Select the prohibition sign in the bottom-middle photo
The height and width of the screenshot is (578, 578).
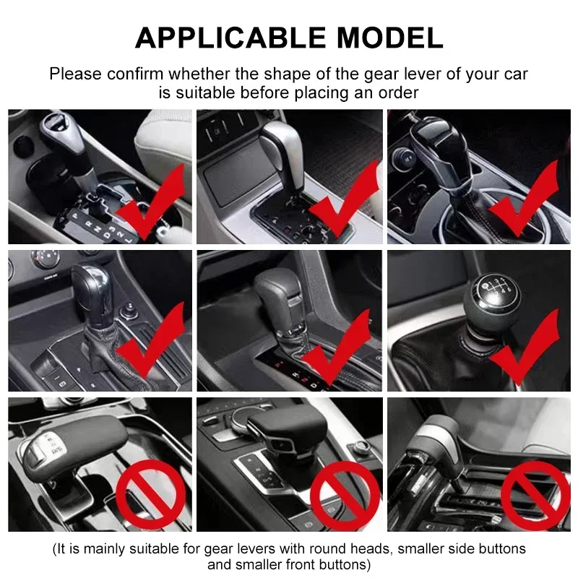345,496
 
